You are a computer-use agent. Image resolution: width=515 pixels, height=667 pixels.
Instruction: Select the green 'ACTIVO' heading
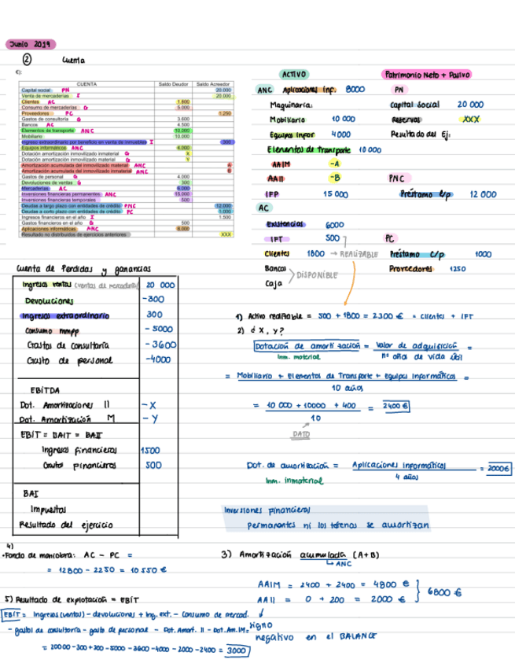point(293,74)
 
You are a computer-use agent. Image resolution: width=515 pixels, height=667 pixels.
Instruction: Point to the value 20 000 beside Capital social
point(470,104)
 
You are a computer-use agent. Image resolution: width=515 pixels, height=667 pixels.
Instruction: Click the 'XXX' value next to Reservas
point(471,120)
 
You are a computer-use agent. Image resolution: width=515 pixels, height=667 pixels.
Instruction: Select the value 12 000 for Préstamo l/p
point(482,193)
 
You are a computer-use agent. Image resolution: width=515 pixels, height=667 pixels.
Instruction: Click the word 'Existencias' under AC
point(284,223)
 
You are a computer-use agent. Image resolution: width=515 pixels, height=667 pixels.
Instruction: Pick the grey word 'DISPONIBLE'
point(317,275)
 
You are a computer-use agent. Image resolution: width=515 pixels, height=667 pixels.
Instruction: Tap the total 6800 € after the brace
point(446,593)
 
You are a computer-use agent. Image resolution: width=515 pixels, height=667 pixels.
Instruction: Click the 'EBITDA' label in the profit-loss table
point(44,390)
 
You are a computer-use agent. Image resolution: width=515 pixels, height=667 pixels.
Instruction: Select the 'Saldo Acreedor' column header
point(212,83)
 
